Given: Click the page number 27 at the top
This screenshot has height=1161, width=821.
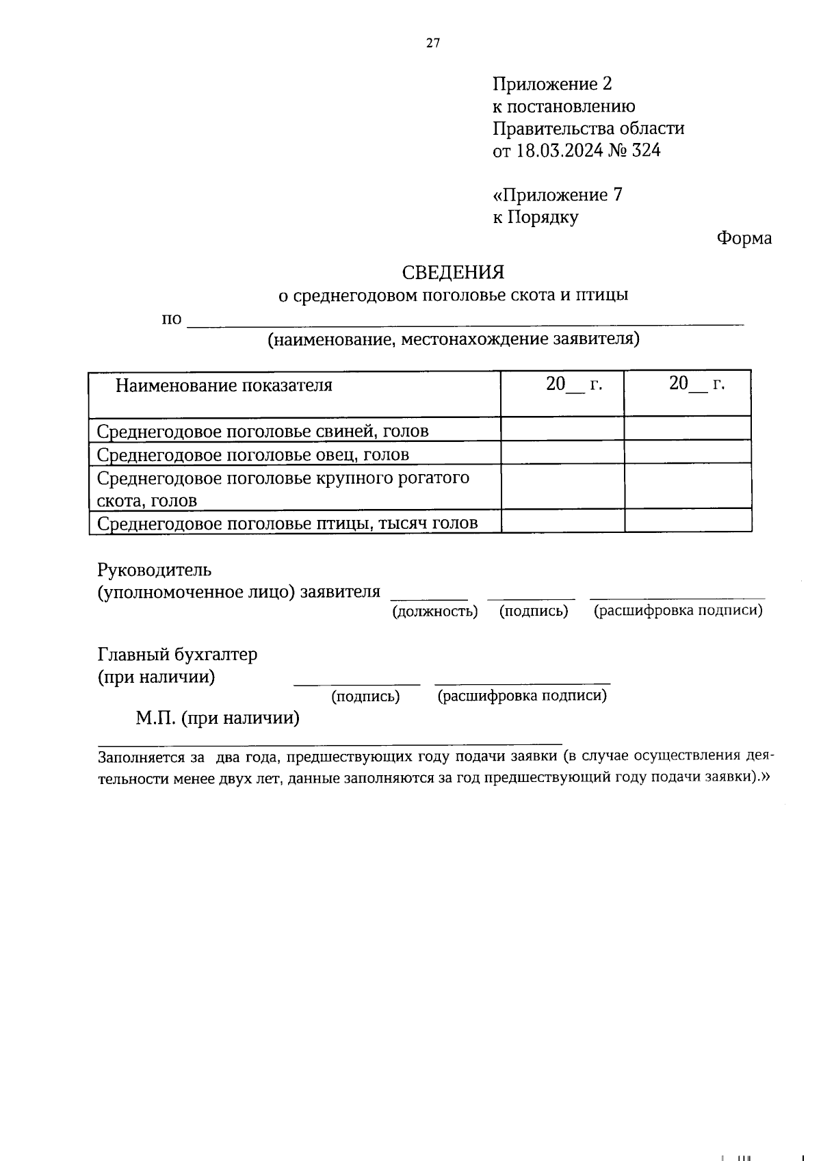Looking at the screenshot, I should (x=433, y=43).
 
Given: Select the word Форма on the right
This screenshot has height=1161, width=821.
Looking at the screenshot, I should (x=744, y=239).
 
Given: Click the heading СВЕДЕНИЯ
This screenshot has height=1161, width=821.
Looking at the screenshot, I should (x=453, y=272).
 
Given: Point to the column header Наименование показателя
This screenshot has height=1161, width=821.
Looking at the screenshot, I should (x=224, y=385).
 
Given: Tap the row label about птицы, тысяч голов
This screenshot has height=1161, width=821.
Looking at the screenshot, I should (x=287, y=524).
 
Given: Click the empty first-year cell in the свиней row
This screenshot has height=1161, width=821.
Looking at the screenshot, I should (x=562, y=429).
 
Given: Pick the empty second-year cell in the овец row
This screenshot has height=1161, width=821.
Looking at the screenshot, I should (x=687, y=452).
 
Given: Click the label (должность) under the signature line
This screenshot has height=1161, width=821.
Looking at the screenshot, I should (x=434, y=612).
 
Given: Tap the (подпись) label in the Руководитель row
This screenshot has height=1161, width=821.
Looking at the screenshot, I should (x=534, y=612).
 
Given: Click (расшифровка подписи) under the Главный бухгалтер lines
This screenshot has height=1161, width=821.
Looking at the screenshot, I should (x=522, y=696).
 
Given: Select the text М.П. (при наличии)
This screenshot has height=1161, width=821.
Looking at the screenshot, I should (x=218, y=718).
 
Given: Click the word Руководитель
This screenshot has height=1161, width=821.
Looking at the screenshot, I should (x=155, y=570).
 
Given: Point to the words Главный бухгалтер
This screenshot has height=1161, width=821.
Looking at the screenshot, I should (x=178, y=655).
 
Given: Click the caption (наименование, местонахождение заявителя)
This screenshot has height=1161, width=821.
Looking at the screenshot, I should (x=454, y=339).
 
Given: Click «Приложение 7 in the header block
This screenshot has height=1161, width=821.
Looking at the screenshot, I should (x=558, y=195).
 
